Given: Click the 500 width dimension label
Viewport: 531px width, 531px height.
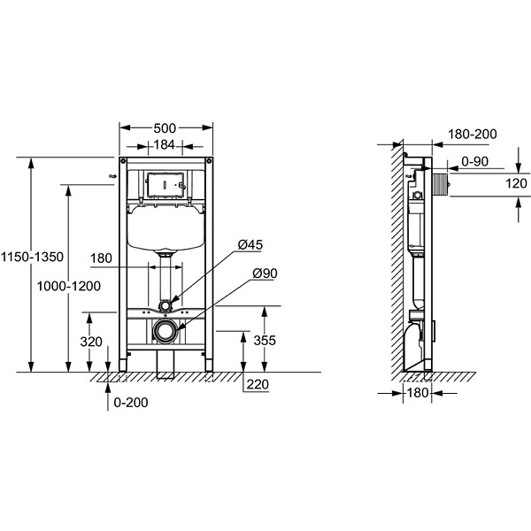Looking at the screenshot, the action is [x=165, y=128].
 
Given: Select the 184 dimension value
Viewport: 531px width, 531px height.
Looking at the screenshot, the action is [x=165, y=145].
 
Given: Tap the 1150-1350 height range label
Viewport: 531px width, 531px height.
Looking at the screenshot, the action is [x=32, y=257].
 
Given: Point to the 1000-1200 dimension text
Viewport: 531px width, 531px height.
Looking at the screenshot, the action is [x=69, y=287].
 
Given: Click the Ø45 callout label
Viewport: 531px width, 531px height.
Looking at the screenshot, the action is [x=250, y=245].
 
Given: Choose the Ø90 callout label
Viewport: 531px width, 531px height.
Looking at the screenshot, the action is [x=265, y=273].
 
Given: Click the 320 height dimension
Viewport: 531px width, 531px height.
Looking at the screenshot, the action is [x=91, y=342].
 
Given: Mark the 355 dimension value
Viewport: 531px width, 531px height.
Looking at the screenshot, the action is [x=265, y=341].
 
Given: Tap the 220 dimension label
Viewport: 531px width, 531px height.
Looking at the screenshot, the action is [x=258, y=385].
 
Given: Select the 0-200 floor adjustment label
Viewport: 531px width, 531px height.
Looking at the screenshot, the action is [x=131, y=403].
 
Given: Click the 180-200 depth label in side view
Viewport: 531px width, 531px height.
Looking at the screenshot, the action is [x=473, y=135].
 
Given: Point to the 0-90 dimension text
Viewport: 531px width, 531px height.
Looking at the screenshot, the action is [x=475, y=162].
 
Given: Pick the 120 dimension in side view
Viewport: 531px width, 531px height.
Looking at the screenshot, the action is [x=516, y=184].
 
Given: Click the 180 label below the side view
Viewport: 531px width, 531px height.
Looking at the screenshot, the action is [x=418, y=393].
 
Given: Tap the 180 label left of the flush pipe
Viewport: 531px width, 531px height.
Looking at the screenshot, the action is [x=101, y=258].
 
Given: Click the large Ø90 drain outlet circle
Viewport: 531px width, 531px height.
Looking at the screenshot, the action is [x=165, y=330].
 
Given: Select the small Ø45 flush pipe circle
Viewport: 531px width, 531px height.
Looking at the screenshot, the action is [x=165, y=306].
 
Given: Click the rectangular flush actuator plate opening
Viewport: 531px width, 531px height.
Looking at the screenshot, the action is [x=165, y=185].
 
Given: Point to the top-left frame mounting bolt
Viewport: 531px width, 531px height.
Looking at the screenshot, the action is [x=123, y=160].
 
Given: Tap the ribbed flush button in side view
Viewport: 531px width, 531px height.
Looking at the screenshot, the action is [x=441, y=184].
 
